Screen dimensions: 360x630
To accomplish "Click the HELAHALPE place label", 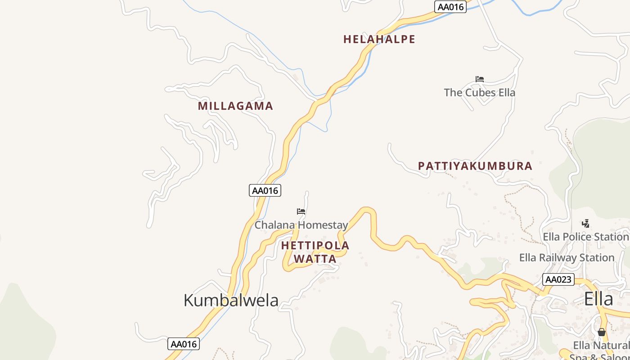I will click(x=379, y=39).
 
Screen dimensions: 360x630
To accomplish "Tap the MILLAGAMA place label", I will click(x=235, y=106).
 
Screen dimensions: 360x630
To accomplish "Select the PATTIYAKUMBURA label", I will click(x=475, y=166).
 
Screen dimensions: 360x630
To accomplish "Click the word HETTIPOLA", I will click(x=315, y=246).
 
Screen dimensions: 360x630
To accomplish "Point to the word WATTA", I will click(x=315, y=259).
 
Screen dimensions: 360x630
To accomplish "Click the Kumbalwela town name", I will click(x=231, y=300).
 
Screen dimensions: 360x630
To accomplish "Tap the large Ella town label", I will click(x=598, y=299).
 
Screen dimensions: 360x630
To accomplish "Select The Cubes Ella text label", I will click(x=479, y=93).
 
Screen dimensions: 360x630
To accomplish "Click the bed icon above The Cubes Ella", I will click(x=480, y=79).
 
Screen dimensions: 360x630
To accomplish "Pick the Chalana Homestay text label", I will click(x=301, y=225).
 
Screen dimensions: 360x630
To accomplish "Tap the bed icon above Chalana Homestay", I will click(x=301, y=211).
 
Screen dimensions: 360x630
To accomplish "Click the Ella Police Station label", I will click(x=585, y=237).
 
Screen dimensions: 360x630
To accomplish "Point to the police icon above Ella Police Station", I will click(x=585, y=223).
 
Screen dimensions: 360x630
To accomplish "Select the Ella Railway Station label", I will click(x=567, y=258).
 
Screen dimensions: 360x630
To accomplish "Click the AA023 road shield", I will click(x=558, y=279).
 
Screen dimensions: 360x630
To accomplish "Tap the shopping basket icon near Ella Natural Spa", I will click(x=602, y=332).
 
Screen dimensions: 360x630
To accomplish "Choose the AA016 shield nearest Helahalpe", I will click(x=450, y=7).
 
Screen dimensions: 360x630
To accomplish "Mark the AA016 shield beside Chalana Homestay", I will click(x=265, y=190).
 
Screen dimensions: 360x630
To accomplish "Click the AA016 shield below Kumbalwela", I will click(x=184, y=344).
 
